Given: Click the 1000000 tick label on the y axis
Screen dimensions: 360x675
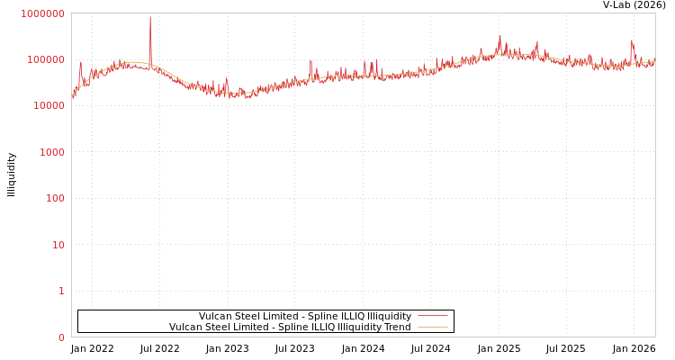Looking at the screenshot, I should click(43, 13).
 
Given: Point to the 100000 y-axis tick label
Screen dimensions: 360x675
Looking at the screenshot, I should click(46, 59).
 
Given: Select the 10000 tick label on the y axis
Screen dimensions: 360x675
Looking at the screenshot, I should click(49, 106).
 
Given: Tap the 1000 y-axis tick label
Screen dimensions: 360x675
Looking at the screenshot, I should click(52, 152).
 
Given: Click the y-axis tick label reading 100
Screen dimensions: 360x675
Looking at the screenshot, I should click(55, 198).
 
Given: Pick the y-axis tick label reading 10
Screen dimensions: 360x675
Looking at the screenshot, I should click(58, 245).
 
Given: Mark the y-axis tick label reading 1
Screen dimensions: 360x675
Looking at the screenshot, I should click(61, 291).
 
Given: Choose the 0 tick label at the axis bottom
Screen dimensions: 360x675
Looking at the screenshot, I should click(61, 337).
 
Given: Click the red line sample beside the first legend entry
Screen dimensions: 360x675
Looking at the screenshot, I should click(432, 316).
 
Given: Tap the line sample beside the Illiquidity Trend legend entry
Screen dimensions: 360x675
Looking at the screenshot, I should click(432, 327).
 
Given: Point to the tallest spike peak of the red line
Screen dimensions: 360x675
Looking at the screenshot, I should click(150, 17).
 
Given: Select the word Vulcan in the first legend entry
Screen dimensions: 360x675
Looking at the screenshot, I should click(214, 316).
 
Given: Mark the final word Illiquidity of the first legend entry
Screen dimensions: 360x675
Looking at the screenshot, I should click(390, 316).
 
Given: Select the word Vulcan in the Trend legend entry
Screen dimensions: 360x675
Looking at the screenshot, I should click(184, 327).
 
